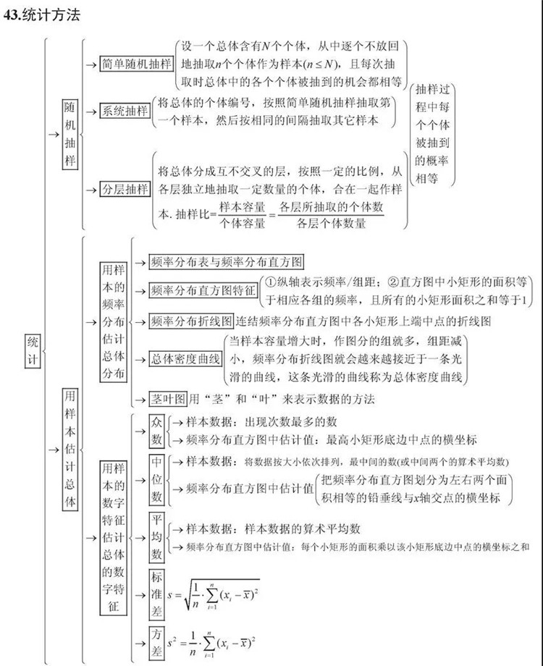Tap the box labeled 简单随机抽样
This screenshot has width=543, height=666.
click(137, 63)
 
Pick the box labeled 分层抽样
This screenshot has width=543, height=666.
click(125, 190)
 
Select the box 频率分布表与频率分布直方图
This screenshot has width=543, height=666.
click(226, 262)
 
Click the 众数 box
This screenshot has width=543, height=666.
click(157, 431)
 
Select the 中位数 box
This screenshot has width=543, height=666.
click(157, 479)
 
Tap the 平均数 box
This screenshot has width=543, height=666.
click(157, 537)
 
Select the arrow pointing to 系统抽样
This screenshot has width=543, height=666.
click(90, 111)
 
